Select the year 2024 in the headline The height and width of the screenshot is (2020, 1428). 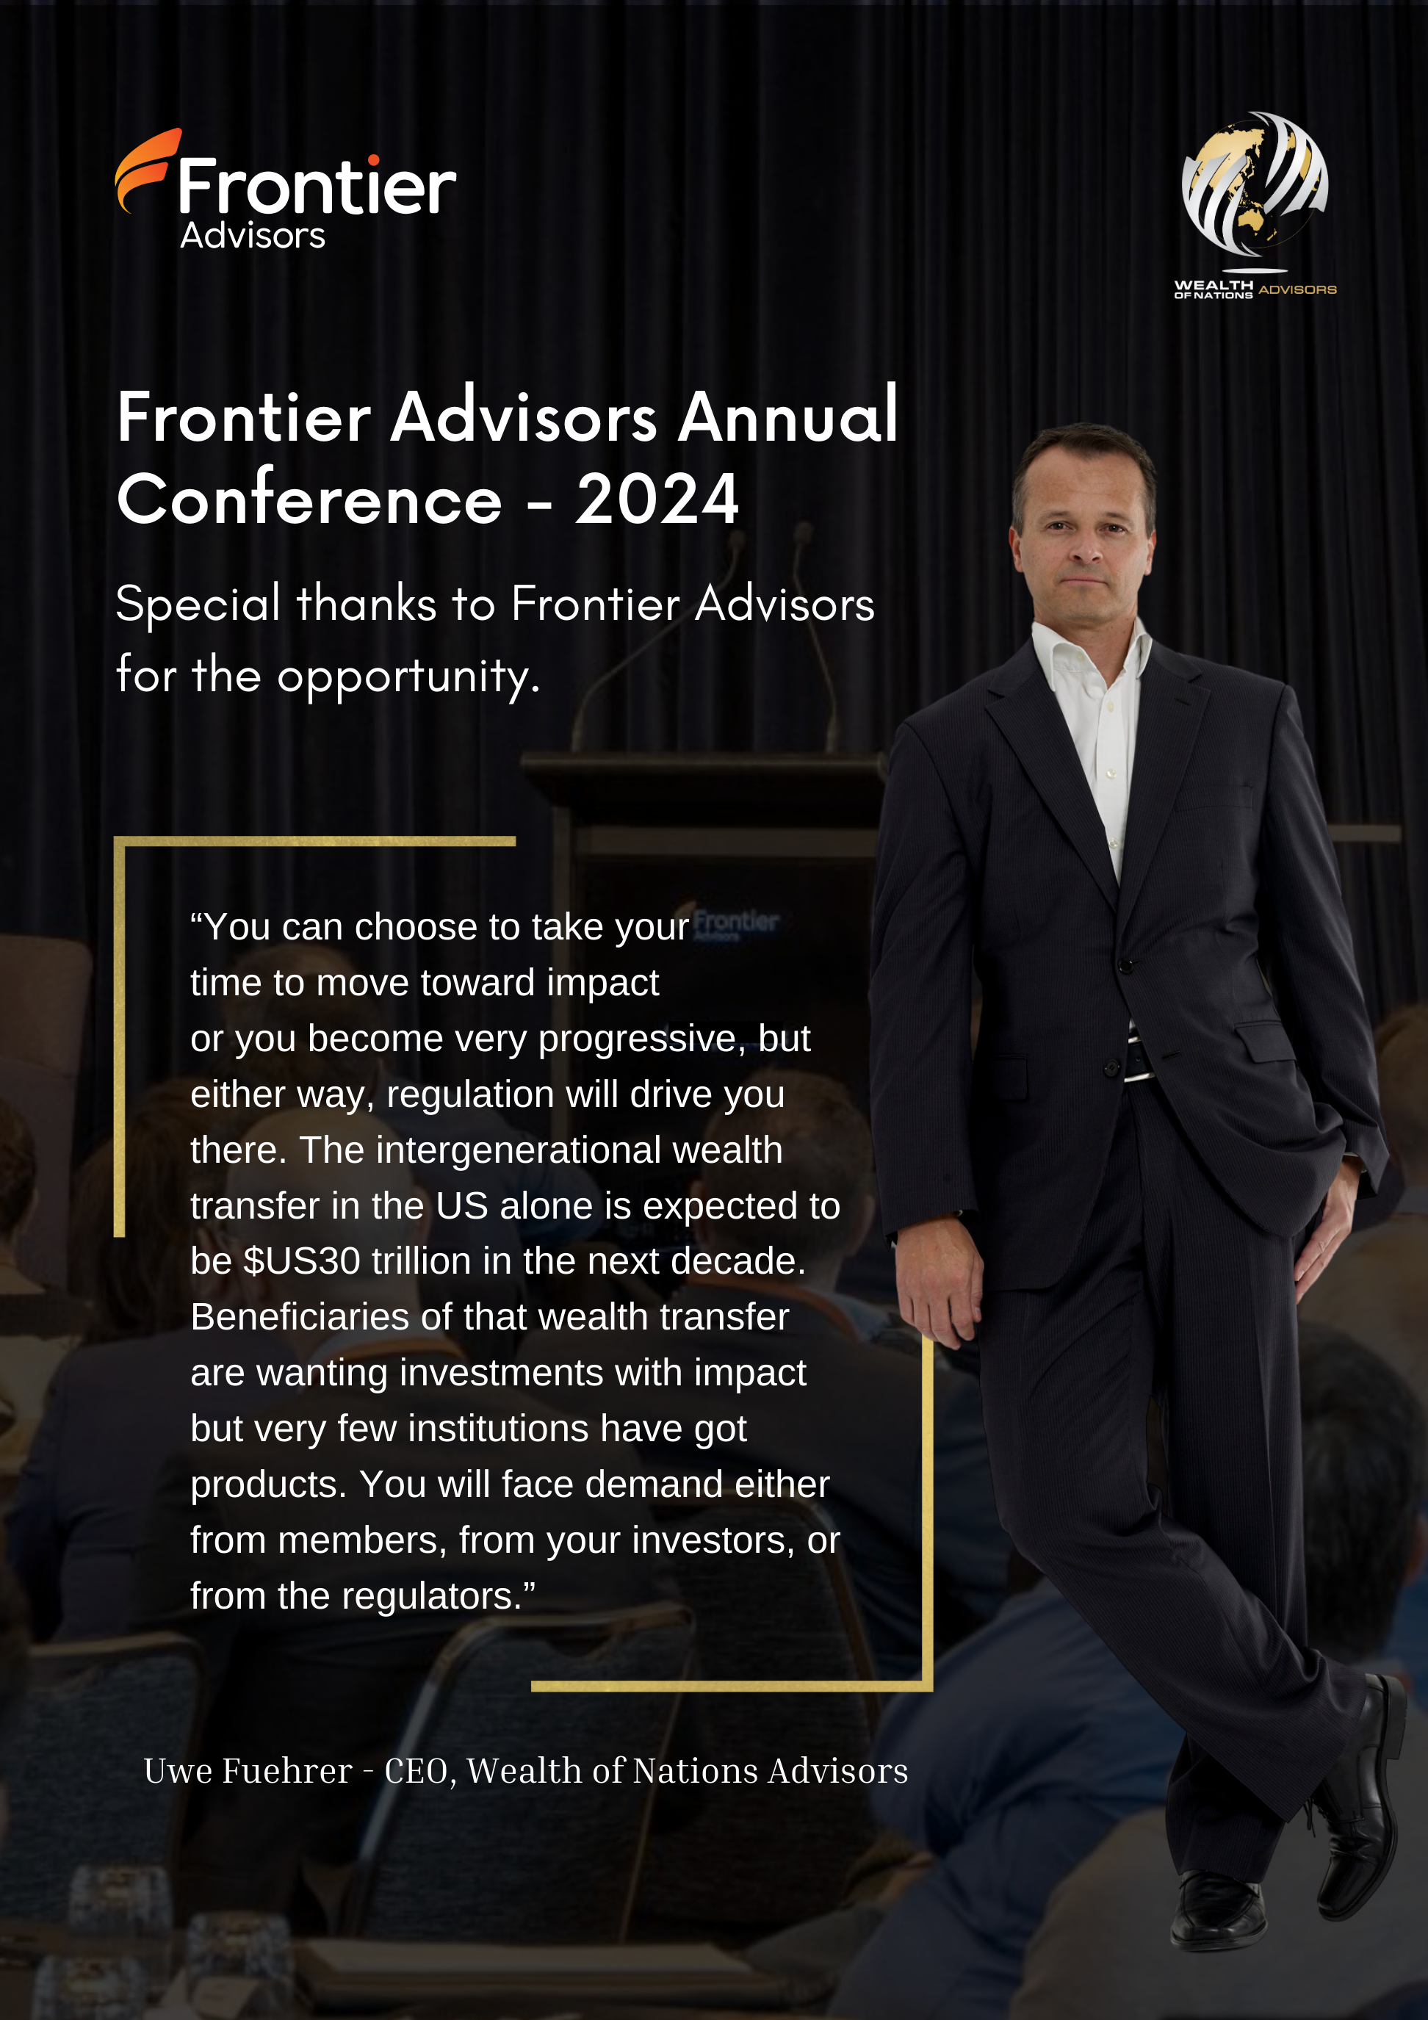(x=657, y=499)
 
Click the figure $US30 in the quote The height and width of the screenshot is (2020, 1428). (x=302, y=1260)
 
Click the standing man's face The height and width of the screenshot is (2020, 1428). (x=1085, y=537)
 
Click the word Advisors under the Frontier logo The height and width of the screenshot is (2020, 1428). (x=253, y=235)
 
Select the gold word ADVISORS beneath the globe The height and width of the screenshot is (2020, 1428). (x=1297, y=289)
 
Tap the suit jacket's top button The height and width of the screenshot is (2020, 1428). (x=1125, y=966)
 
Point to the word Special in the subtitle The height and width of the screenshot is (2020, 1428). (x=198, y=605)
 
